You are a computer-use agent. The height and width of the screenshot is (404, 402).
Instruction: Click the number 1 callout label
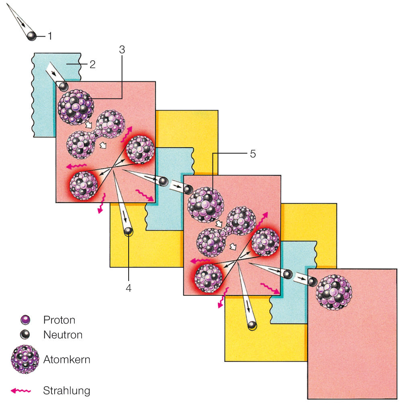(x=50, y=36)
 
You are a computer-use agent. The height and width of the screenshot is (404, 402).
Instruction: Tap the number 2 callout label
(x=92, y=64)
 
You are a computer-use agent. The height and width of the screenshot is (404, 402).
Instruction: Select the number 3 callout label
(x=122, y=50)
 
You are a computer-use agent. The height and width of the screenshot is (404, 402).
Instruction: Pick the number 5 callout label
(x=252, y=154)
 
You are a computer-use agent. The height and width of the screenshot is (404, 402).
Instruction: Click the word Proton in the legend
(x=59, y=320)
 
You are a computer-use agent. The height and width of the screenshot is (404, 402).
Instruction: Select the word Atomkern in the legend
(x=66, y=359)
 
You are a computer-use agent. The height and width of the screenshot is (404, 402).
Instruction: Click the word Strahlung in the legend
(x=66, y=390)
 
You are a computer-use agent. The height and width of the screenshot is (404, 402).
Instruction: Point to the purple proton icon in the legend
(x=25, y=320)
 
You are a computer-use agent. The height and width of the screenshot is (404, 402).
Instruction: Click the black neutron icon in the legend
(x=25, y=334)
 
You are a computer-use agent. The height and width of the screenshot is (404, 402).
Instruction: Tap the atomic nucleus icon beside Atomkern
(x=25, y=359)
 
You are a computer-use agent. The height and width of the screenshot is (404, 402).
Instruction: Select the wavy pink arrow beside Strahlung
(x=23, y=390)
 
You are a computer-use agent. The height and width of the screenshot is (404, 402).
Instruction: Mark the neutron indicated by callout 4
(x=128, y=231)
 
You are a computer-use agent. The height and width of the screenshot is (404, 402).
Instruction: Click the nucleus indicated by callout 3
(x=76, y=107)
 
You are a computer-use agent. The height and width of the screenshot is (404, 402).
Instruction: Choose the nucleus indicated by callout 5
(x=206, y=204)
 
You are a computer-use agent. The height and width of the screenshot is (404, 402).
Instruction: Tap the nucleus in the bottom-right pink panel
(x=334, y=292)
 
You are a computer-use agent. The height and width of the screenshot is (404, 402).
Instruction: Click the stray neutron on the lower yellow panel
(x=252, y=325)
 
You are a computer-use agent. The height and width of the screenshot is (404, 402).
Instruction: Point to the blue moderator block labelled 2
(x=44, y=97)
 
